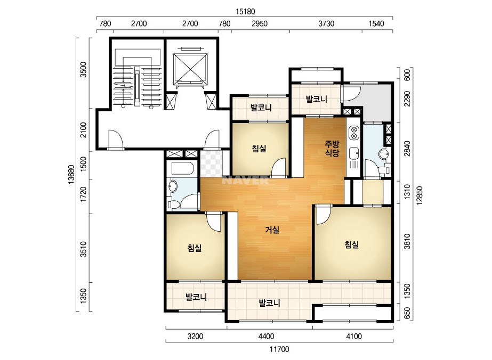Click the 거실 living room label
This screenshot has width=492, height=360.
coord(272,230)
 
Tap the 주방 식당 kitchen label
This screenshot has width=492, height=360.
coord(332,149)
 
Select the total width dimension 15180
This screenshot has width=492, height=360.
coord(245,12)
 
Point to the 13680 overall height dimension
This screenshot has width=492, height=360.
coord(71,174)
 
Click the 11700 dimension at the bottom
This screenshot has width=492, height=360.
coord(279,349)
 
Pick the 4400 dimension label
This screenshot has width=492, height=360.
coord(266,337)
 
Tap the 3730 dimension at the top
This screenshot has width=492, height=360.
coord(326,24)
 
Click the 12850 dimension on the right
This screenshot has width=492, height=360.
coord(420,195)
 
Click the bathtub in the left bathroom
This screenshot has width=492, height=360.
coord(182,169)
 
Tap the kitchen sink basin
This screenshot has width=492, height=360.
coord(353,153)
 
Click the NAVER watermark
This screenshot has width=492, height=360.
coord(246,181)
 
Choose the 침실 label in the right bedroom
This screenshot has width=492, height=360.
coord(351,244)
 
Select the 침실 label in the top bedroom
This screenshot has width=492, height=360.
coord(259,148)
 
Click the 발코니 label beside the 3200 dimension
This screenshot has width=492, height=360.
coord(196,297)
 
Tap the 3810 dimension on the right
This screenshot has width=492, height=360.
coord(407,241)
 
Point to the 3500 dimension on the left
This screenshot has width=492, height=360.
coord(83,70)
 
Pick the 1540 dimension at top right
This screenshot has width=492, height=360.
coord(376,24)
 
